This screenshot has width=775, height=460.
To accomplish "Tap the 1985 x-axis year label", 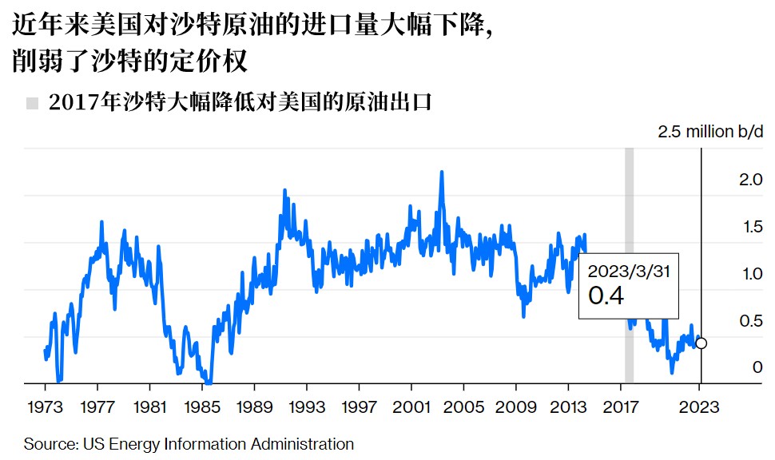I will point(201,407).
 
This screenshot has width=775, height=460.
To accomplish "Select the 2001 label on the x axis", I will point(411,407).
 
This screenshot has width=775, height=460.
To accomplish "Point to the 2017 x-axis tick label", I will point(621,407).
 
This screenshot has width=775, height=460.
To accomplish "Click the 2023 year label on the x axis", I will point(700,407).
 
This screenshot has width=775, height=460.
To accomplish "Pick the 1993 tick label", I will point(307,407).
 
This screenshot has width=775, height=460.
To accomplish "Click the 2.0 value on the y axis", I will point(751,180).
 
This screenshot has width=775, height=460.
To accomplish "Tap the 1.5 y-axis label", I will point(751,228).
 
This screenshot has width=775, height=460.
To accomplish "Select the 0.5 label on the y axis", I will point(751,322).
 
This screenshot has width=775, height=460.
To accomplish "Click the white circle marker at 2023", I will point(701,343).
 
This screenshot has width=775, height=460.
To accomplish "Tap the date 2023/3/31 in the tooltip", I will point(629,271).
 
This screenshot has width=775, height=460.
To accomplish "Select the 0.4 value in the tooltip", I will point(606,296).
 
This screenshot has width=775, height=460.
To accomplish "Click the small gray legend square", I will point(32,103).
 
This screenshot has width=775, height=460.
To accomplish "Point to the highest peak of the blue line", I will point(441,172).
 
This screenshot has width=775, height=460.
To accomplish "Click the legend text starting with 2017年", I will point(240,103).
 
